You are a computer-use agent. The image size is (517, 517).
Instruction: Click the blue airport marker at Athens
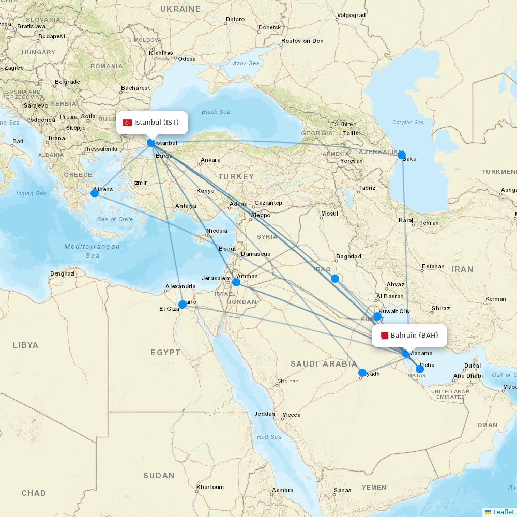click(95, 193)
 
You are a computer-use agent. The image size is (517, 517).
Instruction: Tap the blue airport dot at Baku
click(402, 155)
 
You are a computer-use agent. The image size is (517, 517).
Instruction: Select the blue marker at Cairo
click(183, 305)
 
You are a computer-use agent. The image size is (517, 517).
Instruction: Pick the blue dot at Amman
click(236, 282)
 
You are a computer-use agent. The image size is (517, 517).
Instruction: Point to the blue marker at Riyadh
click(362, 373)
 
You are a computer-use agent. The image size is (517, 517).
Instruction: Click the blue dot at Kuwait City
click(377, 316)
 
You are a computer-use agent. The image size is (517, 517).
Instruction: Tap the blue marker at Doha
click(420, 369)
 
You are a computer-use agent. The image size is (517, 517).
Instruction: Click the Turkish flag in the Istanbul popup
click(127, 123)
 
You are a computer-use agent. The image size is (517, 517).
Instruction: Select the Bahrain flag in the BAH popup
click(384, 336)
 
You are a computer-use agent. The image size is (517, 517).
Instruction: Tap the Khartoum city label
click(210, 487)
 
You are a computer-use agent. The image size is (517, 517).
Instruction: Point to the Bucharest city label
click(135, 88)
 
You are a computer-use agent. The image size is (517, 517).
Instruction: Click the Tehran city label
click(429, 223)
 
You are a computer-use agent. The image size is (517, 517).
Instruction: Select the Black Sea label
click(216, 112)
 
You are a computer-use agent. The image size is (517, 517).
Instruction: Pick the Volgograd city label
click(351, 15)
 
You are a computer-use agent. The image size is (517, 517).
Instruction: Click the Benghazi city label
click(63, 273)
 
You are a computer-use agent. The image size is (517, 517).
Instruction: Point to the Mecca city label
click(291, 415)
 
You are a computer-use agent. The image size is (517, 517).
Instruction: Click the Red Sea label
click(269, 437)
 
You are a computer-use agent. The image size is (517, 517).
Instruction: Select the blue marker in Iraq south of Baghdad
click(335, 279)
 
